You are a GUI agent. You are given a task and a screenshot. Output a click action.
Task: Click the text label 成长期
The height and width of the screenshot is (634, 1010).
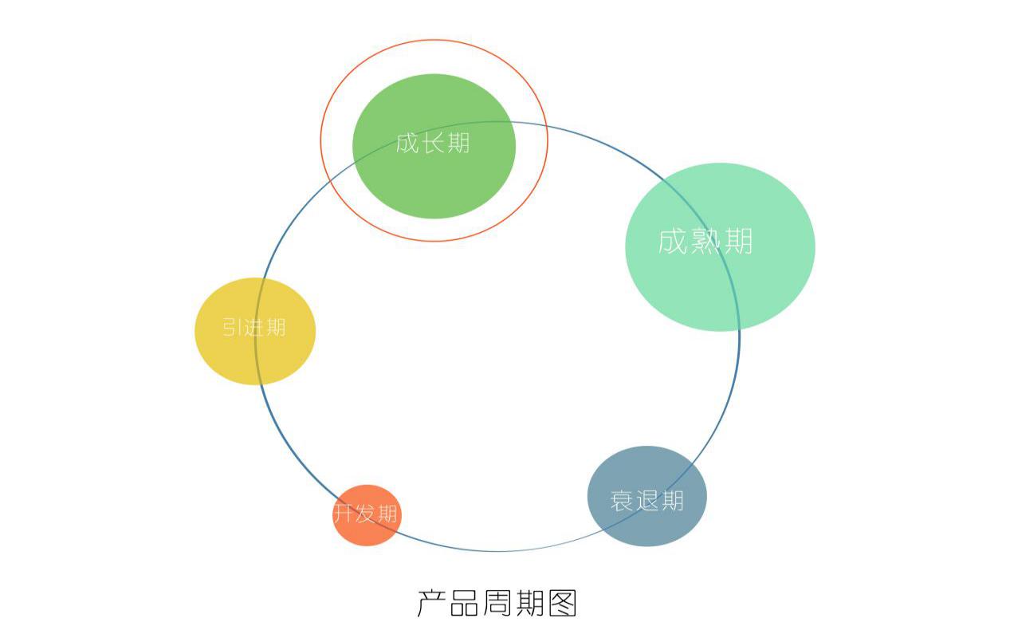433,143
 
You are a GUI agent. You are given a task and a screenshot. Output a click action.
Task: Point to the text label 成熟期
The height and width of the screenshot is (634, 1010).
705,240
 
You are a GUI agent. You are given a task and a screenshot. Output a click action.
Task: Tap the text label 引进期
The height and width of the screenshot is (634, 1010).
253,327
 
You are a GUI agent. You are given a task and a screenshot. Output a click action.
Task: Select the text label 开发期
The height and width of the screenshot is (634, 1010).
366,514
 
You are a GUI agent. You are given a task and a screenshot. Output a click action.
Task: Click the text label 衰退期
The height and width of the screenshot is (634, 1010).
646,501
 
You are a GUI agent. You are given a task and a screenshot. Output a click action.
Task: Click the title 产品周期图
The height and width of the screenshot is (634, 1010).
497,603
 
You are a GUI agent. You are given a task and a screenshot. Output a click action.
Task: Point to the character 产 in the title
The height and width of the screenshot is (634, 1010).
431,603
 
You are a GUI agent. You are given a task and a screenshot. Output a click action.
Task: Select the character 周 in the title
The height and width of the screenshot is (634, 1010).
497,603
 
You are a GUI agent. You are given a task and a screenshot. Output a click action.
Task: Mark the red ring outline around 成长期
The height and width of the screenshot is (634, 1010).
321,140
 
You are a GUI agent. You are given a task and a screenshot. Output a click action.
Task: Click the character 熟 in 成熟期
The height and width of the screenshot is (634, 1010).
705,240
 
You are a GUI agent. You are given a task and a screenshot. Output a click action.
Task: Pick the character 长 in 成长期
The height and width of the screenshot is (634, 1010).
433,143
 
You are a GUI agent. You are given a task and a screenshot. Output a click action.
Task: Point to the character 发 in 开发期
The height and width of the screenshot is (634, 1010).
366,514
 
